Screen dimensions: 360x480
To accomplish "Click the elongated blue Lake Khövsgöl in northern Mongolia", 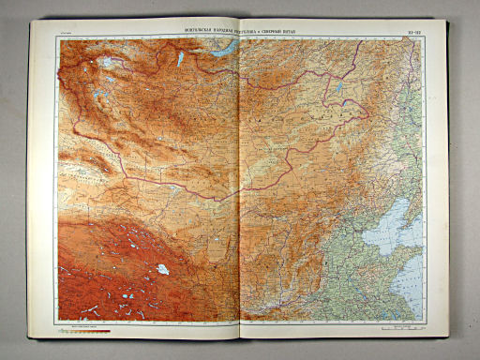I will point(179,58).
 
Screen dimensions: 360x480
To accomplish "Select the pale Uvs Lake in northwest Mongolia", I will point(111,63).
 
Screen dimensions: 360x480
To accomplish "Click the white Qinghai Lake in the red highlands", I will point(162,268).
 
